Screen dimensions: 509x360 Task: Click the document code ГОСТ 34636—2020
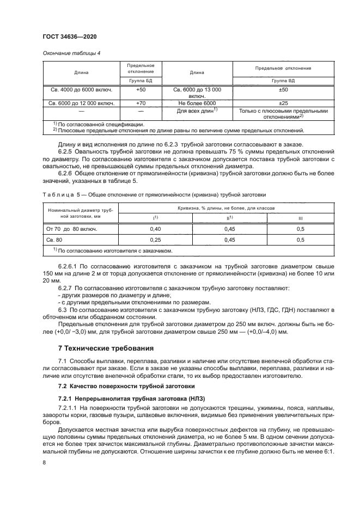click(66, 36)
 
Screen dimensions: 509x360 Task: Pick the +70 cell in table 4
click(141, 102)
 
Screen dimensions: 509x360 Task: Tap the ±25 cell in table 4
click(283, 102)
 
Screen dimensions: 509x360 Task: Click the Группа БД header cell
click(141, 79)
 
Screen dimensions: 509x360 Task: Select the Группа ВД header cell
click(283, 79)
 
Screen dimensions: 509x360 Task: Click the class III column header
click(300, 218)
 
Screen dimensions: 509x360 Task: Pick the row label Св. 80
click(55, 240)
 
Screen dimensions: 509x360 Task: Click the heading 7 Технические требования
click(106, 348)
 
